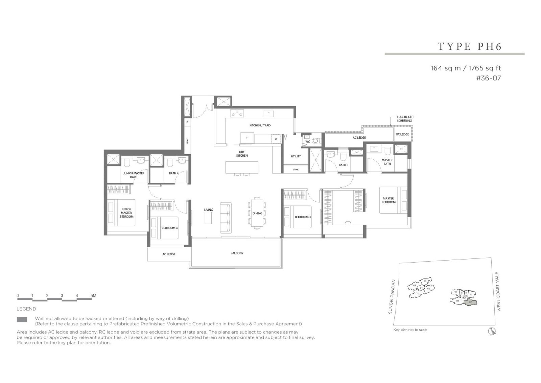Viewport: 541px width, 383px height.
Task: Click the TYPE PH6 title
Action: pyautogui.click(x=469, y=46)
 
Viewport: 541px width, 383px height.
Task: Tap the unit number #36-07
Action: pyautogui.click(x=488, y=78)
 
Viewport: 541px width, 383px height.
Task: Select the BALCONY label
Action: pyautogui.click(x=237, y=253)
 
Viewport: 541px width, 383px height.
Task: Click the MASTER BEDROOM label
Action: pyautogui.click(x=389, y=200)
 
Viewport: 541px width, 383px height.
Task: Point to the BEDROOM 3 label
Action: pyautogui.click(x=302, y=217)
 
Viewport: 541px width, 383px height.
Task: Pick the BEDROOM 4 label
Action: pyautogui.click(x=169, y=228)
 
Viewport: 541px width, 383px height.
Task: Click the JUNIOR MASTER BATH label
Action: pyautogui.click(x=134, y=175)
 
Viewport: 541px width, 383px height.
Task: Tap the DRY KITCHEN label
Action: pyautogui.click(x=242, y=154)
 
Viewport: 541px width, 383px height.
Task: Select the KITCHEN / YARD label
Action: pyautogui.click(x=260, y=126)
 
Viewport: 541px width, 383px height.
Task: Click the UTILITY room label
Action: pyautogui.click(x=296, y=156)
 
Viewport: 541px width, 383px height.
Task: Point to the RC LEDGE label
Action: pyautogui.click(x=402, y=134)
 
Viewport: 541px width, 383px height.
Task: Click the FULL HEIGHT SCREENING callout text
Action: pyautogui.click(x=405, y=119)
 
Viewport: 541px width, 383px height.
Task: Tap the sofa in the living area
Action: pyautogui.click(x=226, y=218)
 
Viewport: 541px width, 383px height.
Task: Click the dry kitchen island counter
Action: pyautogui.click(x=242, y=167)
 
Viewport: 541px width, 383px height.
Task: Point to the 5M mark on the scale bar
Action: pyautogui.click(x=93, y=296)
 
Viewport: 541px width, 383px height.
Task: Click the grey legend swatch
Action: pyautogui.click(x=22, y=320)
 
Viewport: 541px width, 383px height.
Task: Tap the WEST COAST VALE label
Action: pyautogui.click(x=498, y=291)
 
